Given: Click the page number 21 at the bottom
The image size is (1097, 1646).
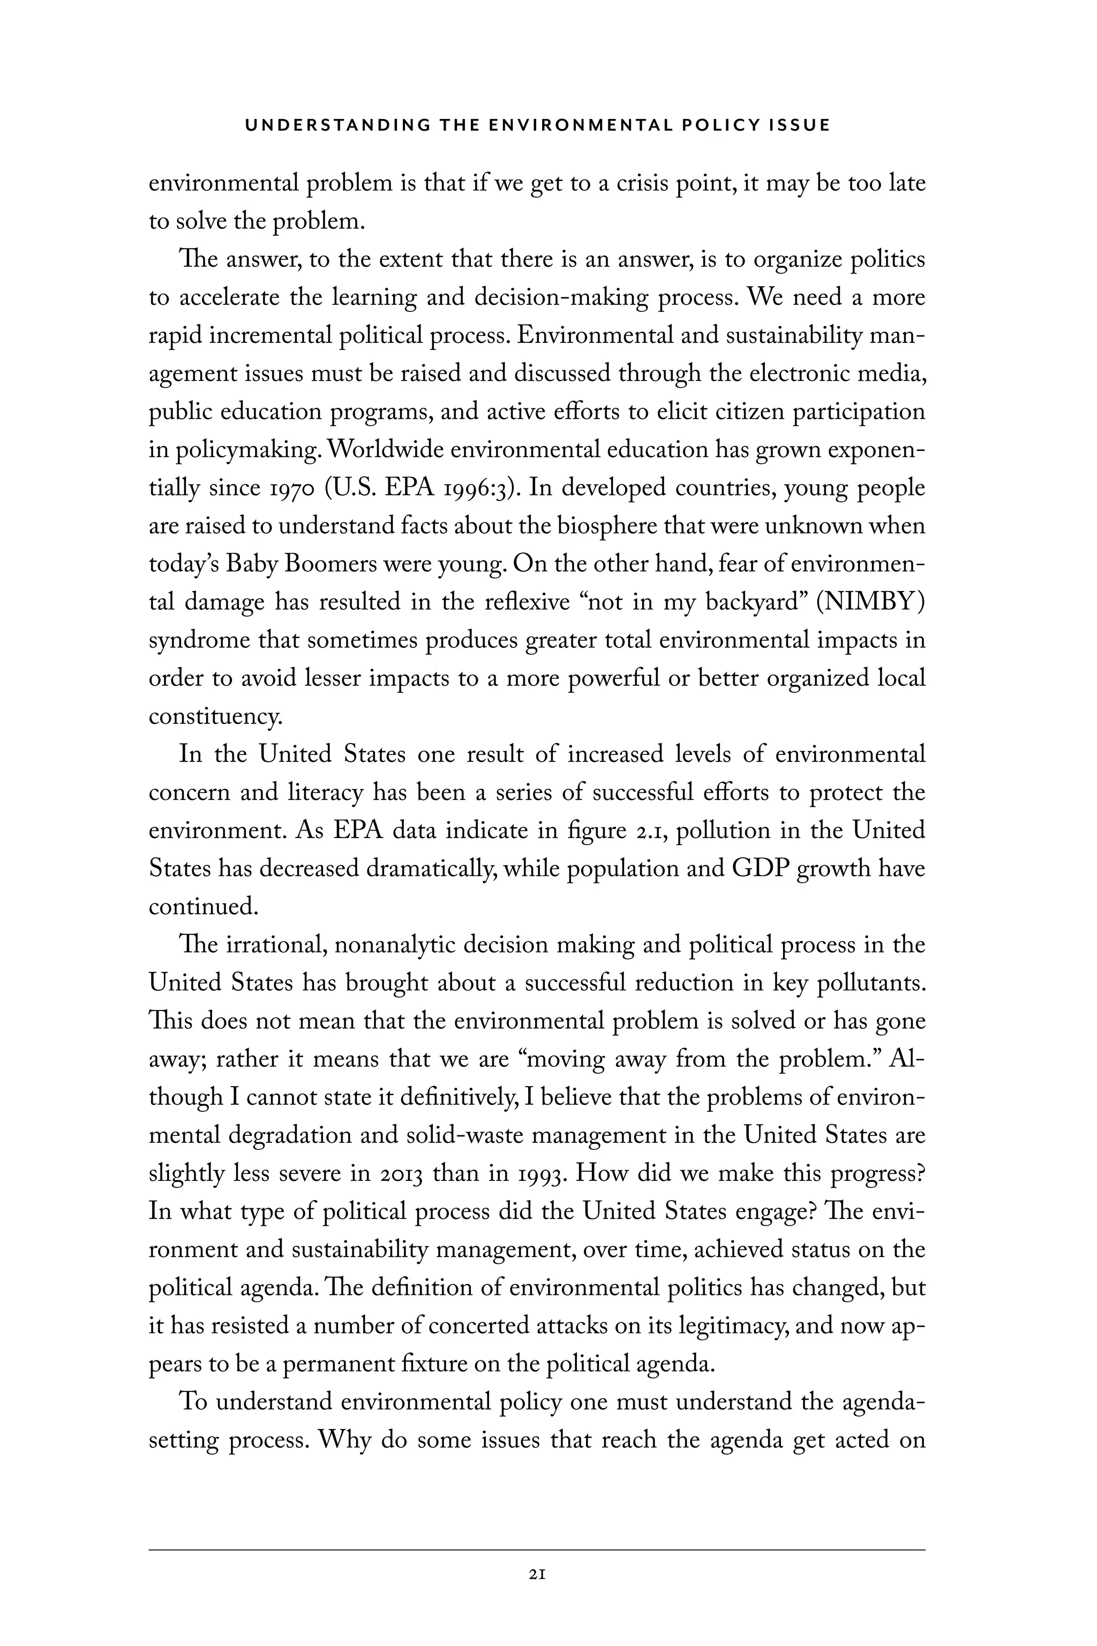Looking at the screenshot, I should [x=537, y=1575].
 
